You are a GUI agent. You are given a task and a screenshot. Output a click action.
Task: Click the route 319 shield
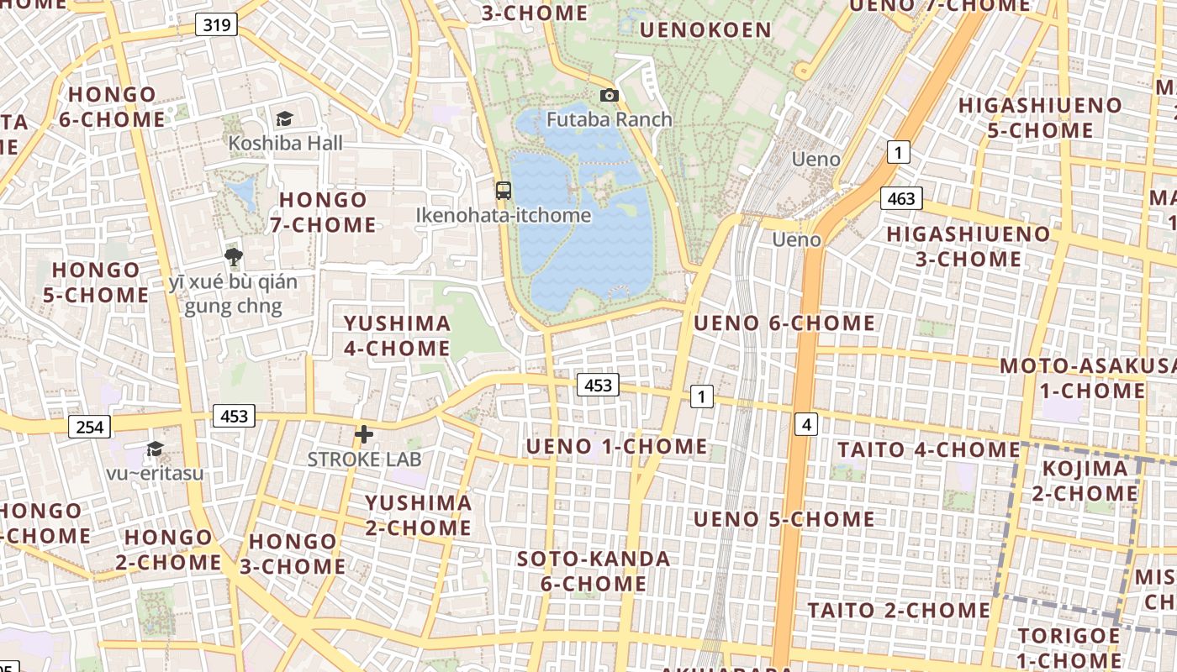(x=216, y=24)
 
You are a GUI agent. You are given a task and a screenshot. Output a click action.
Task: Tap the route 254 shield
(x=89, y=427)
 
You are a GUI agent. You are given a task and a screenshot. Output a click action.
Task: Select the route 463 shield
(x=901, y=198)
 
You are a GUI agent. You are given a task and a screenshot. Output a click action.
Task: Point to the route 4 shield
(x=806, y=424)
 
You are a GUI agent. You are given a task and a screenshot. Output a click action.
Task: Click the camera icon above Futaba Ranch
(x=610, y=96)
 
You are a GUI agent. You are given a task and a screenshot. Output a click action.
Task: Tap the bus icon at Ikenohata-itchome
(x=503, y=191)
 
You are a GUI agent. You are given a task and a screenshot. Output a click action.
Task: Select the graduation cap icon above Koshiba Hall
(x=284, y=119)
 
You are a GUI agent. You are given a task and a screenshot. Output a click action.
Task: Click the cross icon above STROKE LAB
(x=363, y=434)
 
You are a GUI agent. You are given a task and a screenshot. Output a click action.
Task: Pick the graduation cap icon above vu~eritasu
(x=155, y=449)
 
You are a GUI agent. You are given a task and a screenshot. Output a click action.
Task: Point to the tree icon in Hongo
(x=234, y=257)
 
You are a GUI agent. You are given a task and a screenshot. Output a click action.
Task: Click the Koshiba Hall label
(x=285, y=144)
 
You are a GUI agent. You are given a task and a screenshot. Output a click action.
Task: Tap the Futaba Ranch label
(x=610, y=119)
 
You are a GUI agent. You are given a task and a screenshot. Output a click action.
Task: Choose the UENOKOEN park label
(x=705, y=30)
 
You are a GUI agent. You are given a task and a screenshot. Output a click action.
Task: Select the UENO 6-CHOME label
(x=784, y=323)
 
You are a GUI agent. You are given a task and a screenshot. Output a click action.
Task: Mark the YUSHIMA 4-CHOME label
(x=397, y=335)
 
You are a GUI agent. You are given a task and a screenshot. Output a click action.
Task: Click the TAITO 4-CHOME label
(x=928, y=449)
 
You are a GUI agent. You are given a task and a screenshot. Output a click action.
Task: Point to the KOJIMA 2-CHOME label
(x=1085, y=480)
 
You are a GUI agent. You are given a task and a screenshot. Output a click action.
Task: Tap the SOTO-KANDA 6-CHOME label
(x=594, y=571)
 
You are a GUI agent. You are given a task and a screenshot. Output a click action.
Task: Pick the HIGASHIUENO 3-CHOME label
(x=969, y=246)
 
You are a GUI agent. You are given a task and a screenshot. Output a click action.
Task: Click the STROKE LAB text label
(x=364, y=459)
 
